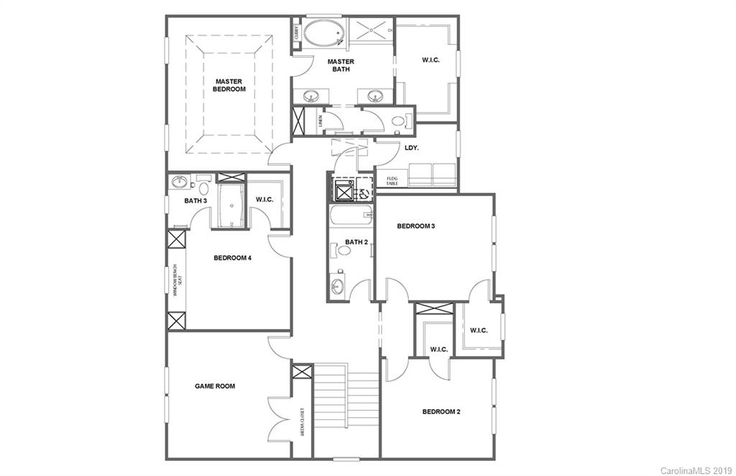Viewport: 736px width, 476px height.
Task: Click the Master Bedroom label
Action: coord(229,86)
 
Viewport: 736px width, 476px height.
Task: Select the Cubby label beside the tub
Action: coord(296,33)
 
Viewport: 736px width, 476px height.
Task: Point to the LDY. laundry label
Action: coord(412,148)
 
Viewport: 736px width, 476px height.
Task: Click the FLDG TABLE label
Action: coord(392,180)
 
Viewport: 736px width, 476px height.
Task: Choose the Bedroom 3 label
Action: coord(416,226)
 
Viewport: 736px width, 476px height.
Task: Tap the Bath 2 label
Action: coord(356,242)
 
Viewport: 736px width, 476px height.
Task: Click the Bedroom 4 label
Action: coord(232,257)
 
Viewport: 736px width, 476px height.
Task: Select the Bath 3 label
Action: coord(195,201)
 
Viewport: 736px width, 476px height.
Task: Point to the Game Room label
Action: coord(215,386)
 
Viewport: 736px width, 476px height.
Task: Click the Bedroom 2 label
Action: coord(441,412)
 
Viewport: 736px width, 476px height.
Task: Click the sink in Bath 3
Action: coord(180,182)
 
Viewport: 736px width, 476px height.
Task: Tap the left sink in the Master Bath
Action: coord(313,96)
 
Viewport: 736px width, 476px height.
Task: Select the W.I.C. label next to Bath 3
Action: coord(264,199)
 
